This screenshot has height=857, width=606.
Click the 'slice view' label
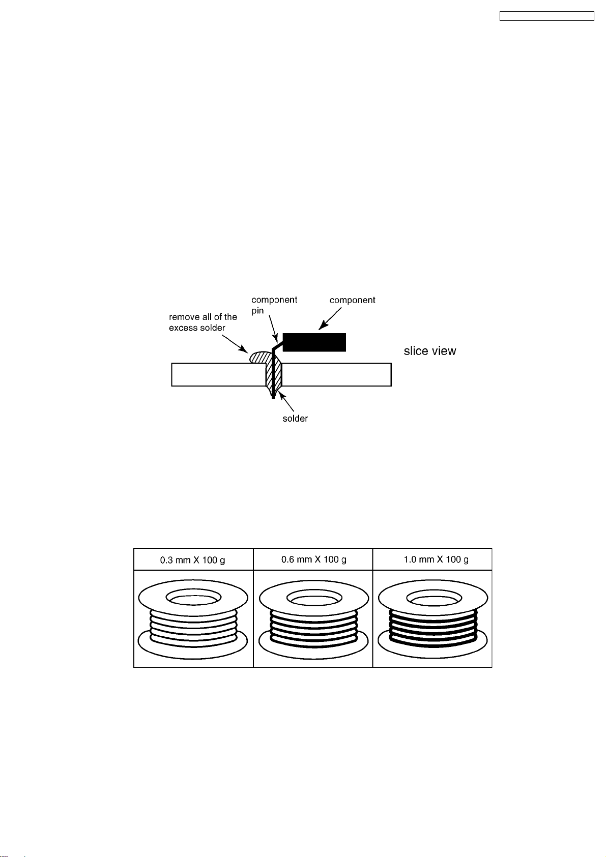click(429, 351)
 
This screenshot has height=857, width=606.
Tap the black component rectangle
click(314, 342)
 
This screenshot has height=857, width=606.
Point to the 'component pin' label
click(274, 305)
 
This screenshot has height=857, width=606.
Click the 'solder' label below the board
click(295, 419)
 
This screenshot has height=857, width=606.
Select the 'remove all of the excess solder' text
click(203, 322)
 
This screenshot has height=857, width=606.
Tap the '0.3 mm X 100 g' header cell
click(193, 559)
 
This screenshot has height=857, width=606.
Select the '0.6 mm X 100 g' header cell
click(313, 559)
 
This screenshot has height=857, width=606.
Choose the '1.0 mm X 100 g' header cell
click(432, 559)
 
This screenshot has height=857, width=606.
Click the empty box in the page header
click(546, 16)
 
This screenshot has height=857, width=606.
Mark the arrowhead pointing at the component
click(323, 326)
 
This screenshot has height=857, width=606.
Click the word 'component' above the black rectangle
click(352, 301)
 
